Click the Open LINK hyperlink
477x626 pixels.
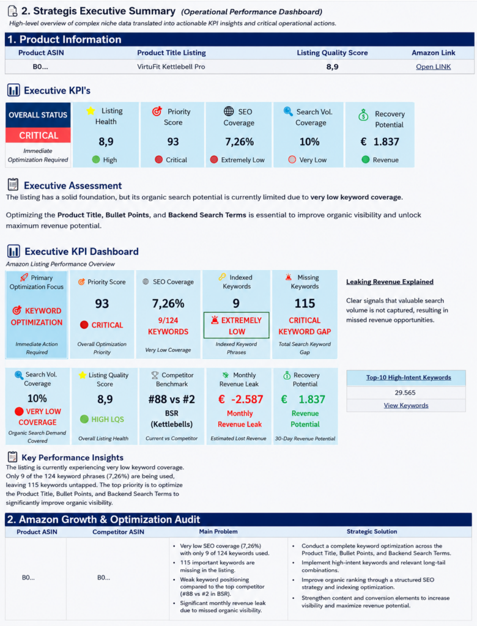[433, 67]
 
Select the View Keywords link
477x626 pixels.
[406, 405]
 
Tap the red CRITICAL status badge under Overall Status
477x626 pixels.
[39, 135]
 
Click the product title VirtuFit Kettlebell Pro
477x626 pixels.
[171, 67]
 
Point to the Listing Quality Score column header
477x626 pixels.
[332, 53]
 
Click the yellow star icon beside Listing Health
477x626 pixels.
[91, 111]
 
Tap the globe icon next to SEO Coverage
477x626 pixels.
[229, 111]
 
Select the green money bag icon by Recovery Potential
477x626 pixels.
[363, 115]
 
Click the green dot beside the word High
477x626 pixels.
[96, 160]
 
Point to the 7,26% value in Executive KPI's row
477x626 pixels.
[239, 142]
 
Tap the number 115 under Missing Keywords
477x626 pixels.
[305, 303]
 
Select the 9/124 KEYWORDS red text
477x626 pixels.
[168, 326]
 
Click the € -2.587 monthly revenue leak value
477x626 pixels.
[240, 399]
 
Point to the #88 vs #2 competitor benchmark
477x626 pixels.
[172, 399]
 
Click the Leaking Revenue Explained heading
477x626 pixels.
[390, 281]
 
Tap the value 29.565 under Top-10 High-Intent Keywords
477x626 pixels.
[405, 392]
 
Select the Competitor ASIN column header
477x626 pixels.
[118, 532]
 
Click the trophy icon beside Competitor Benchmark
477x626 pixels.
[155, 375]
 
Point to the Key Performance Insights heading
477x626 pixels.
[72, 457]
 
